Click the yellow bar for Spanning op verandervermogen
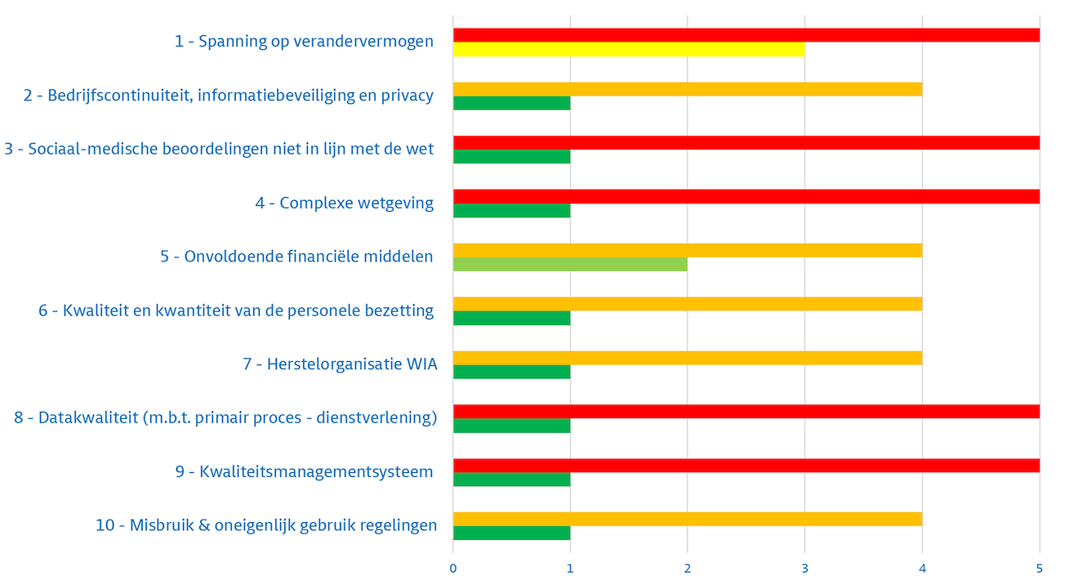pyautogui.click(x=629, y=50)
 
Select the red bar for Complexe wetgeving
pyautogui.click(x=746, y=196)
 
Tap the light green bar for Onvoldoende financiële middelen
pyautogui.click(x=570, y=264)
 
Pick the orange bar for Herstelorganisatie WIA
pyautogui.click(x=688, y=358)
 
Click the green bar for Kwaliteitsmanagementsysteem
pyautogui.click(x=511, y=480)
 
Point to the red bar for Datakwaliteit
pyautogui.click(x=746, y=412)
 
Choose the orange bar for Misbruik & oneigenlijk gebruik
pyautogui.click(x=688, y=519)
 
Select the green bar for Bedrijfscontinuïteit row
pyautogui.click(x=511, y=103)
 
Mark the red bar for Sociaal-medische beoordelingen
pyautogui.click(x=746, y=142)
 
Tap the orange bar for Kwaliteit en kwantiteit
pyautogui.click(x=688, y=304)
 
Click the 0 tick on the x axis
pyautogui.click(x=453, y=568)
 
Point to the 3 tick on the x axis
pyautogui.click(x=805, y=568)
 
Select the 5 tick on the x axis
pyautogui.click(x=1040, y=568)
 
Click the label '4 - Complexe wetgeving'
pyautogui.click(x=344, y=203)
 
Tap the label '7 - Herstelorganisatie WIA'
pyautogui.click(x=340, y=364)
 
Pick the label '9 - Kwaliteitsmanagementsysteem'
pyautogui.click(x=304, y=472)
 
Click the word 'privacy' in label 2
pyautogui.click(x=406, y=96)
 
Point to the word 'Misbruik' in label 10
pyautogui.click(x=160, y=525)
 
